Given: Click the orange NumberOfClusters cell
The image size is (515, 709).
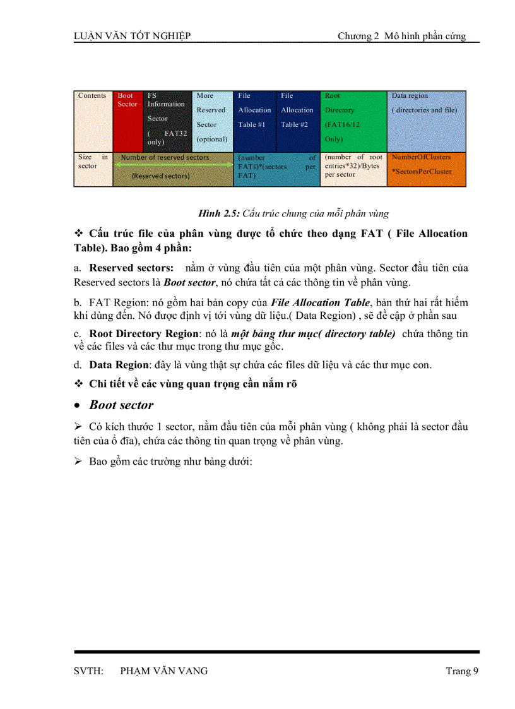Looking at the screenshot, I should point(426,169).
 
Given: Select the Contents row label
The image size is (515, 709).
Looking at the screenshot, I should point(92,96).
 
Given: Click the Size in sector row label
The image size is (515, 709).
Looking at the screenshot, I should point(93,162).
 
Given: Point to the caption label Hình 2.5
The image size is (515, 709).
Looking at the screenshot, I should point(219,213).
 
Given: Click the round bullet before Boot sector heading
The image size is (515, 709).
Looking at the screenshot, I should point(77,406).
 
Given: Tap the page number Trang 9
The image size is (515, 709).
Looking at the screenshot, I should point(458,670).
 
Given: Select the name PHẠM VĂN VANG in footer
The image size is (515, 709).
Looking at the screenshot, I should point(163,670).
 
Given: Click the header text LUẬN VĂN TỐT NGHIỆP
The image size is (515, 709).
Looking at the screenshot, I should point(132,36).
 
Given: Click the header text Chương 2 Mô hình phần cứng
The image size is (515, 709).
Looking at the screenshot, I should point(401,36).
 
